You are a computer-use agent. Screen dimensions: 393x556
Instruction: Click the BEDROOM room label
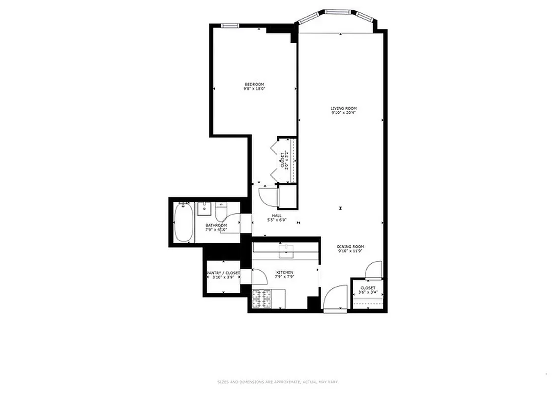click(x=255, y=84)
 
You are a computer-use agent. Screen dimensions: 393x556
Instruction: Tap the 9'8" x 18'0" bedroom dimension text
click(x=255, y=89)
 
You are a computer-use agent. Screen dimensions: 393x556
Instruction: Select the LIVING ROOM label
click(x=343, y=108)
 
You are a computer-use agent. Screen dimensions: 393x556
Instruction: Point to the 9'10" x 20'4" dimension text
click(x=343, y=112)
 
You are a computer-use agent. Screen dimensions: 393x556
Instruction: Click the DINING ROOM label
click(x=350, y=247)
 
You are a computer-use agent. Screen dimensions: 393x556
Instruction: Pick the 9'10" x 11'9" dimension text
click(x=350, y=251)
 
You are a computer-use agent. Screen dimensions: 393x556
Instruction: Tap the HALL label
click(x=277, y=216)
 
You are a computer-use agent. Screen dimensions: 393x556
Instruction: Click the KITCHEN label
click(x=285, y=272)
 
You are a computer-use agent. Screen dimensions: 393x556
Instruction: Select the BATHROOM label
click(x=216, y=225)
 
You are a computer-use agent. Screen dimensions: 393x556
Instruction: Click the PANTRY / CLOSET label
click(x=223, y=273)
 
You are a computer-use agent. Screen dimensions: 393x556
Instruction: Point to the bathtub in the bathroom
click(x=183, y=224)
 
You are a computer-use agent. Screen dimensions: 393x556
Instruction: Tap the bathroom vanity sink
click(x=204, y=208)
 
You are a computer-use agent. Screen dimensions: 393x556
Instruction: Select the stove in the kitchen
click(x=262, y=299)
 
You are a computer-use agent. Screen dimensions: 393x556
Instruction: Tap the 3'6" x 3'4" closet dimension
click(x=368, y=293)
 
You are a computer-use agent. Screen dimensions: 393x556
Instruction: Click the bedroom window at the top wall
click(x=229, y=26)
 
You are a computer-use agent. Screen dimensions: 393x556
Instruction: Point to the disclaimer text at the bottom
click(x=278, y=382)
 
